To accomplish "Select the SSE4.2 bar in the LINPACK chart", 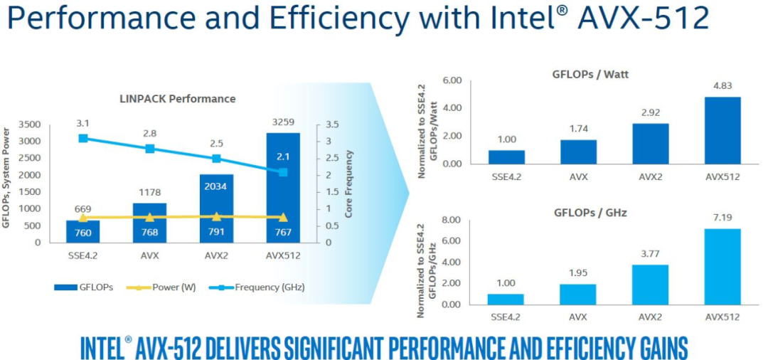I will coord(83,231).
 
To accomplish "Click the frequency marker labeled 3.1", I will coord(83,138).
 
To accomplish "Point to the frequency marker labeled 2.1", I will coord(283,172).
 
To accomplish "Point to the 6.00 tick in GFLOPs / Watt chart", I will coord(452,80).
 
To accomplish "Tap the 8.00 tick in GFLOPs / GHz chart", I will coord(452,221).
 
